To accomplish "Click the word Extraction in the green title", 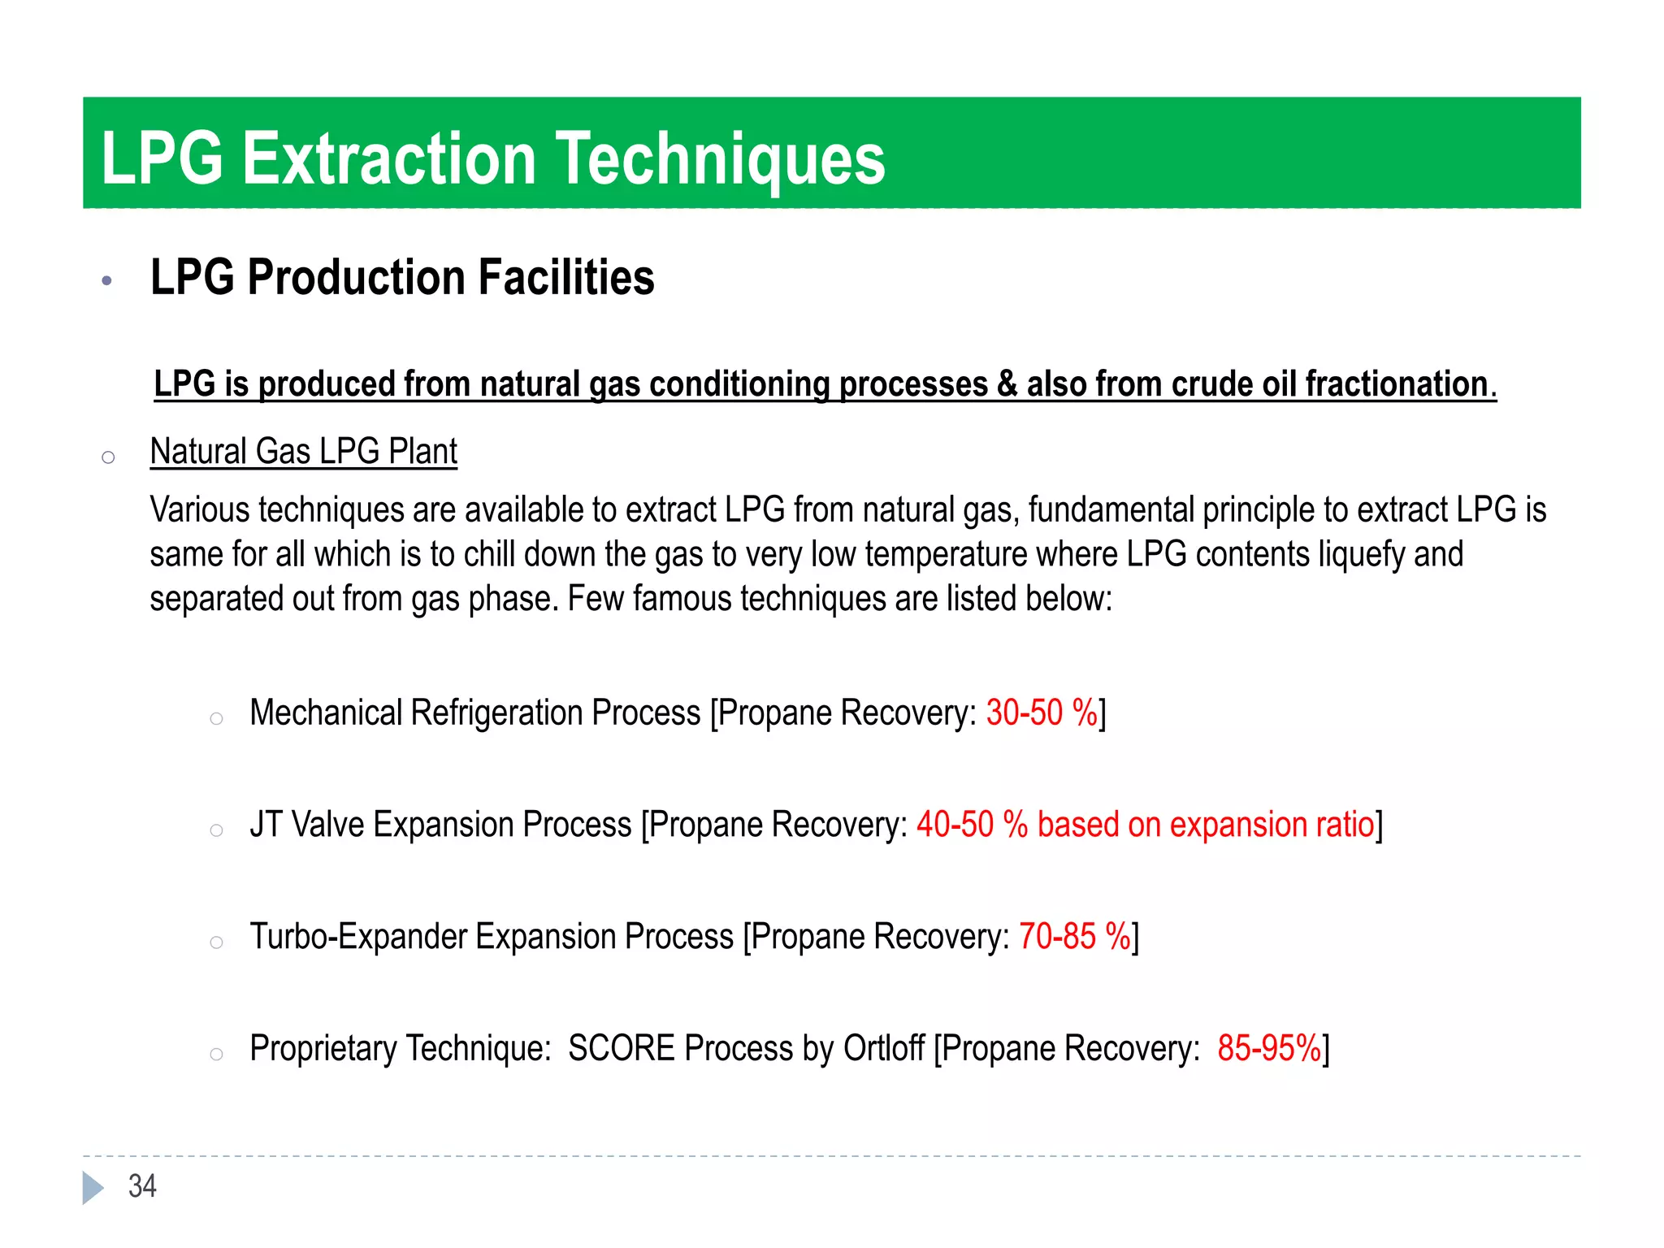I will (389, 158).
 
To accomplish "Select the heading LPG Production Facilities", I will (402, 278).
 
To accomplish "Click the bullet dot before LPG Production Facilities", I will (106, 281).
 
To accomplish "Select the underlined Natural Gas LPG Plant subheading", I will (304, 452).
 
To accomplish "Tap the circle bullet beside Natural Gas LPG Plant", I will (108, 457).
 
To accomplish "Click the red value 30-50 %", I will (1042, 713).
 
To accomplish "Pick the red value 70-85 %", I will (1074, 936).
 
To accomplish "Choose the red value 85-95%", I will (1269, 1048).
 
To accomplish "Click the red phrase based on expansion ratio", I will (1206, 825).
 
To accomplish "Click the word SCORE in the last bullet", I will (622, 1048).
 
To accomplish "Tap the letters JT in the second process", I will (266, 825).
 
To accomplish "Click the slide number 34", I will (142, 1186).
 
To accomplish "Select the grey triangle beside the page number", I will (93, 1187).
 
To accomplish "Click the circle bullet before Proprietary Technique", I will (216, 1055).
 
